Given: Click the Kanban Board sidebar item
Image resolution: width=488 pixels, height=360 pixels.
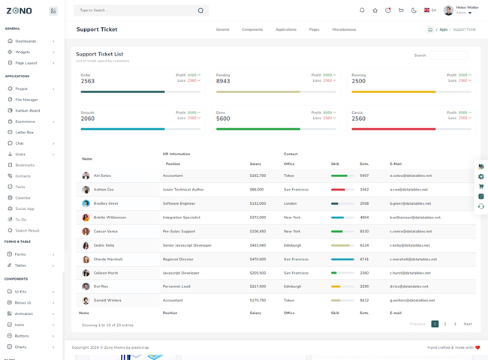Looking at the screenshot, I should pyautogui.click(x=27, y=110).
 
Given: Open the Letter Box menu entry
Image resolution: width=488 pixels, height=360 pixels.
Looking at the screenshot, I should pyautogui.click(x=24, y=132).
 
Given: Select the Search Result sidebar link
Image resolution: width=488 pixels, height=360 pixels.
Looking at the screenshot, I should pyautogui.click(x=27, y=230).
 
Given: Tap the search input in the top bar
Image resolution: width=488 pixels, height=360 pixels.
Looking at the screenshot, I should pyautogui.click(x=135, y=10).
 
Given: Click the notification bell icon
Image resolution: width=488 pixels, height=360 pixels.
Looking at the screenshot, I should pyautogui.click(x=362, y=10).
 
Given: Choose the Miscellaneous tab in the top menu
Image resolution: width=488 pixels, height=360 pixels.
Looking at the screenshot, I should pyautogui.click(x=344, y=30).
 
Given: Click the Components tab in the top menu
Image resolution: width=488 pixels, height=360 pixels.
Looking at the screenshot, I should pyautogui.click(x=252, y=30).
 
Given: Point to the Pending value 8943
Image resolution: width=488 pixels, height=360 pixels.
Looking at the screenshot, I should pyautogui.click(x=223, y=81).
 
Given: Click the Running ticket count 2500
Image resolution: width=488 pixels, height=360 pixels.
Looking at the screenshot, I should pyautogui.click(x=358, y=81).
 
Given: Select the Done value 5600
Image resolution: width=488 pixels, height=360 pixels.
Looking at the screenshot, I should pyautogui.click(x=223, y=118).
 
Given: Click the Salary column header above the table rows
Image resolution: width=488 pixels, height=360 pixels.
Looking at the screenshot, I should pyautogui.click(x=255, y=163).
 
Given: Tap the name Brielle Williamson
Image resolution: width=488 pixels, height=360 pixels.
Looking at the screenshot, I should pyautogui.click(x=110, y=217).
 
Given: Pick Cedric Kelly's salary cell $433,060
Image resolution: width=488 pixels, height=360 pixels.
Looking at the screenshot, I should pyautogui.click(x=258, y=245).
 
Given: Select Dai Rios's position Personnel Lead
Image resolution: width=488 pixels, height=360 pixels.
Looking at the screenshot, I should pyautogui.click(x=176, y=286).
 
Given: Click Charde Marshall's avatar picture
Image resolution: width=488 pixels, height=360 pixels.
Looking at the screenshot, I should pyautogui.click(x=86, y=259).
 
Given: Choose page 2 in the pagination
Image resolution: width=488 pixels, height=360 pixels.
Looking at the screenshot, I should pyautogui.click(x=445, y=324).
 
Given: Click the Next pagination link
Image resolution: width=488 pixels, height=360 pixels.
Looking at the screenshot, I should pyautogui.click(x=468, y=324).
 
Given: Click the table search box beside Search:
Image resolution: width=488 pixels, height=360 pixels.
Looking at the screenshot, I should pyautogui.click(x=448, y=55).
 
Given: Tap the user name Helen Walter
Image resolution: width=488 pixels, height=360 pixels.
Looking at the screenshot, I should pyautogui.click(x=467, y=7).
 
